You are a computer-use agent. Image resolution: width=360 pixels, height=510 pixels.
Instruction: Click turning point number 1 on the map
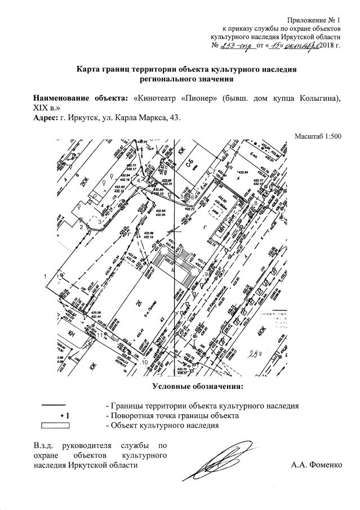tap(45, 276)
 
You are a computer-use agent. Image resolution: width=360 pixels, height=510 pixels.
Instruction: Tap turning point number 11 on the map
tap(100, 335)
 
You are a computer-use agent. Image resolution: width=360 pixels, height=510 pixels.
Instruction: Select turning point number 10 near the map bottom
tap(144, 362)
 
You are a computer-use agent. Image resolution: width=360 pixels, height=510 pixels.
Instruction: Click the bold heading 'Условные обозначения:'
tap(197, 386)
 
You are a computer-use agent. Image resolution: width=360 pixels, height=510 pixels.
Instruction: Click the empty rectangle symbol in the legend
tap(52, 424)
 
